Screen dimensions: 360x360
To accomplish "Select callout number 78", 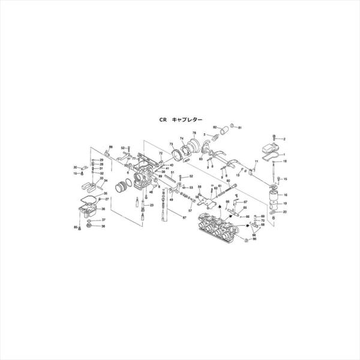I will [x=194, y=133].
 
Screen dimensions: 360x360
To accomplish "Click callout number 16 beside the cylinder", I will [x=286, y=195].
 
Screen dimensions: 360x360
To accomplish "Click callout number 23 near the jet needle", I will [x=152, y=205].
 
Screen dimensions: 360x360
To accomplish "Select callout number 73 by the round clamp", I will [x=171, y=145].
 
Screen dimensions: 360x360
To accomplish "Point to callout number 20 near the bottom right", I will [x=285, y=212].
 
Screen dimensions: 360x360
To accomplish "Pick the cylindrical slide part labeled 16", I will [x=274, y=198].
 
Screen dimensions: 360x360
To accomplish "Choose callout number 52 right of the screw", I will [x=190, y=176].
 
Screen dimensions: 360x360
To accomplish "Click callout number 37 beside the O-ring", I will [x=103, y=220].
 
